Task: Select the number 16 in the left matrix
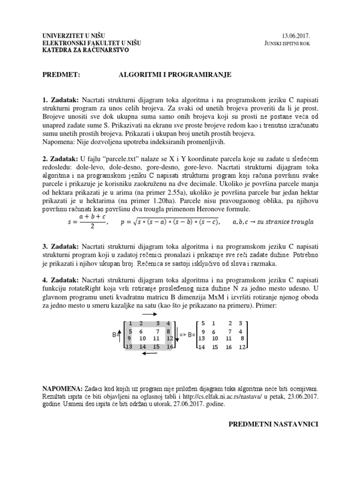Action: (x=170, y=346)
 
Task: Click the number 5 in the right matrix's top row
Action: (x=203, y=323)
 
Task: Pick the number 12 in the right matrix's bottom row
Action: (x=242, y=347)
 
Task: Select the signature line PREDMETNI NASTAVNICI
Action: (x=274, y=424)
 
